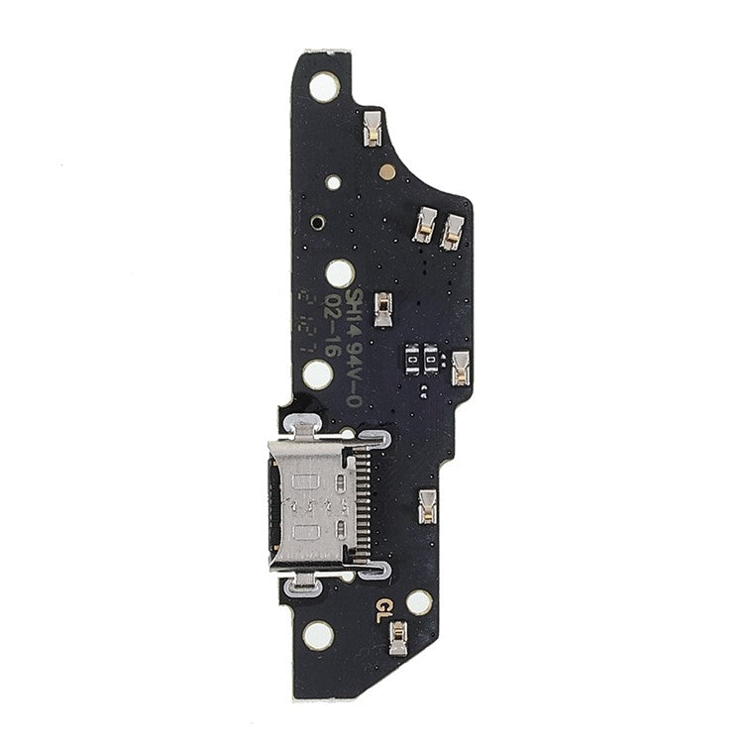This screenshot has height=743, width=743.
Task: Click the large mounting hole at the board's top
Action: point(324,87)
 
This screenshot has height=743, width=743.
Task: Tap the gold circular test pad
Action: point(387,171)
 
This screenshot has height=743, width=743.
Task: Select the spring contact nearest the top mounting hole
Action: point(372,128)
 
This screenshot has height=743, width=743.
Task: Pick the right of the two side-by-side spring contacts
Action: point(453,233)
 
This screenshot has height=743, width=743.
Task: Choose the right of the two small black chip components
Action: point(434,362)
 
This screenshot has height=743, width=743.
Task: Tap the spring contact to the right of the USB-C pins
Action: point(429,505)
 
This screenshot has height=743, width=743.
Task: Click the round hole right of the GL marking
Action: point(419,601)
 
